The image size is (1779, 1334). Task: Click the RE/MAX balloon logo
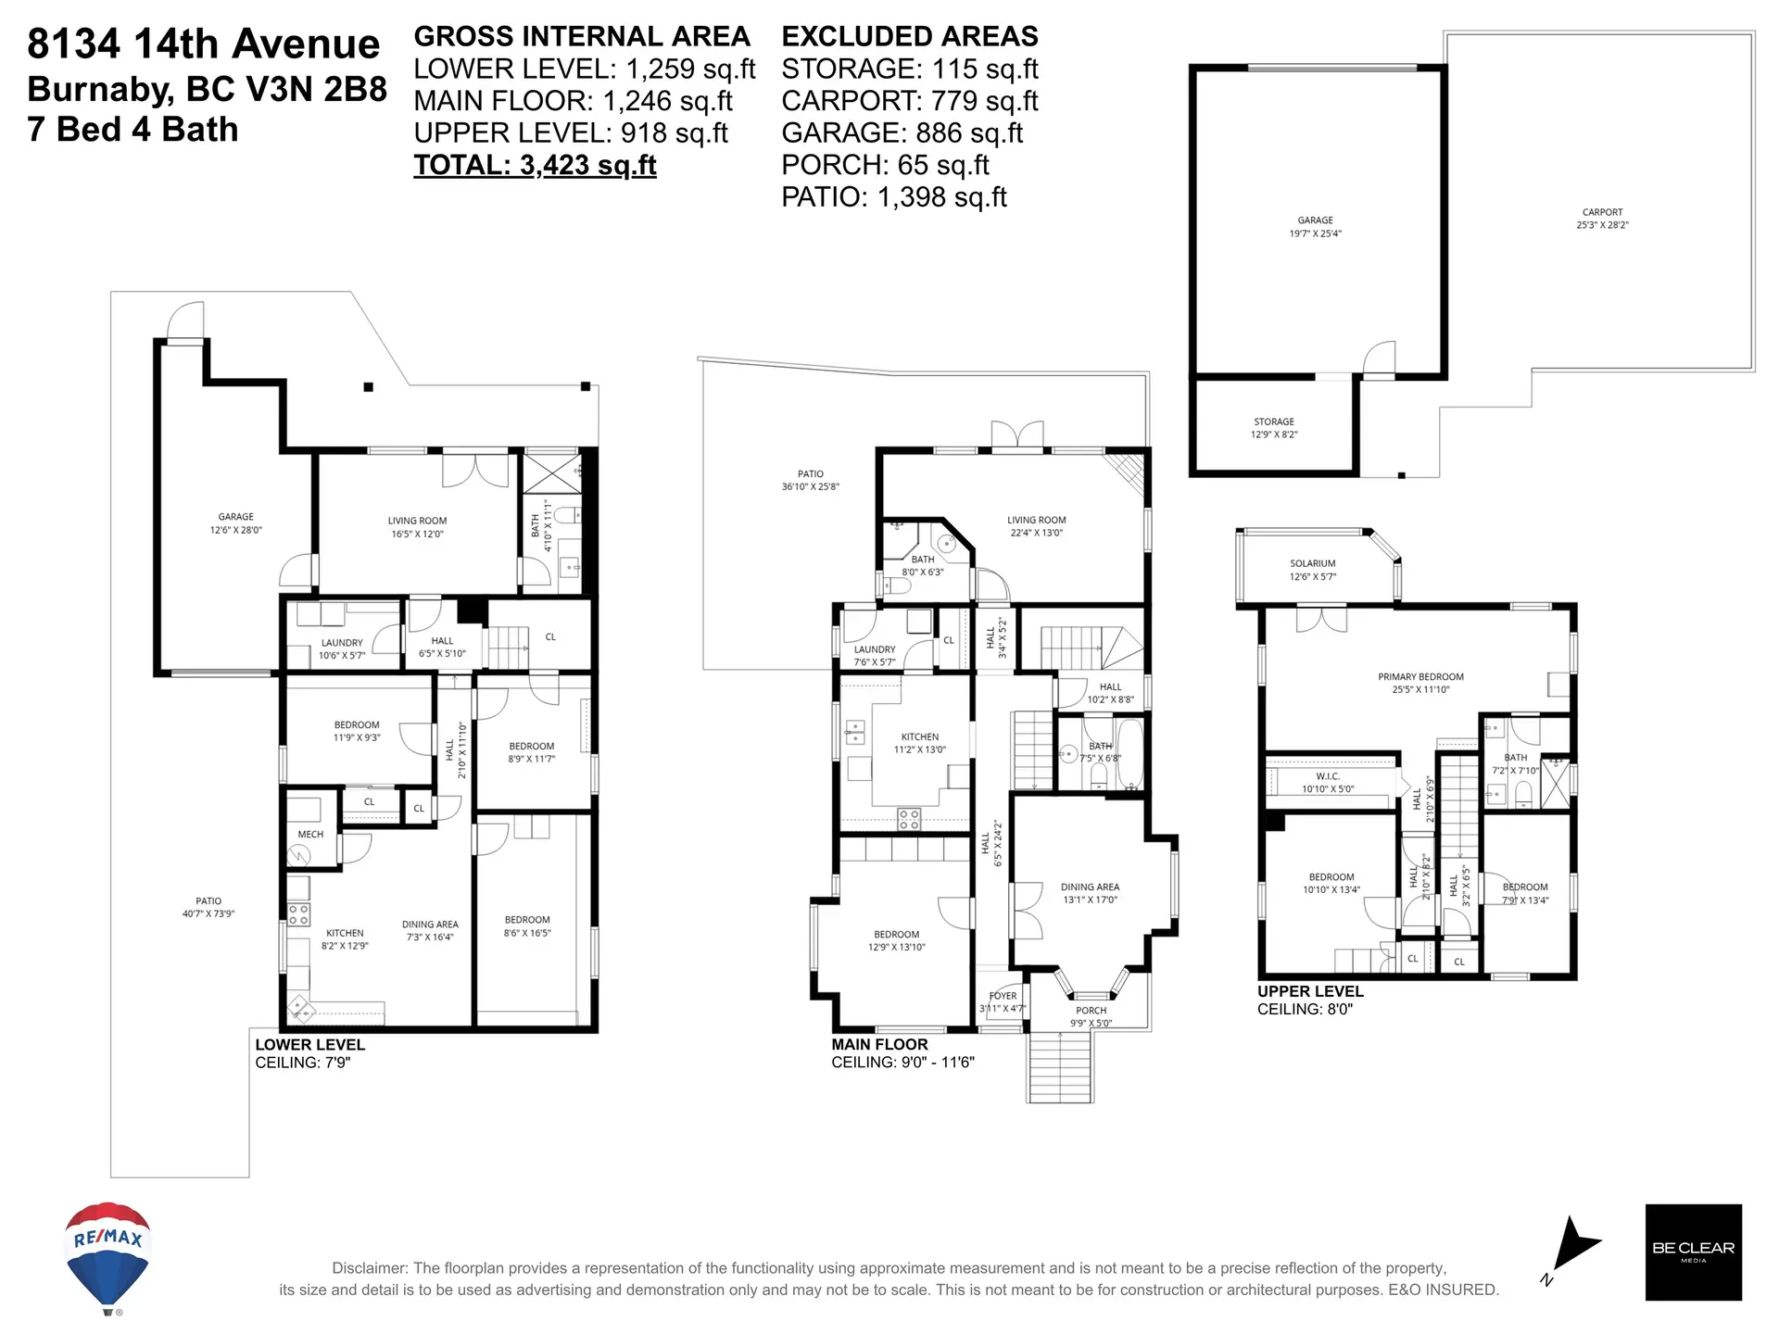coord(107,1255)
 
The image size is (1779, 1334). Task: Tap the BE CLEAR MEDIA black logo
coord(1693,1252)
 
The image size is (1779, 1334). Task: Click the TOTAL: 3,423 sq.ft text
coord(535,165)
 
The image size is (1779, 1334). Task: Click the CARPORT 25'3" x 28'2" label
coord(1602,219)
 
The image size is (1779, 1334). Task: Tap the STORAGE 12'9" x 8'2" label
coord(1273,427)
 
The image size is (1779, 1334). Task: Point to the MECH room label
coord(310,835)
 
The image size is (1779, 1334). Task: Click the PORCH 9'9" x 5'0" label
coord(1091,1016)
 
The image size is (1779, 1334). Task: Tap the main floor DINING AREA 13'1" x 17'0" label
coord(1090,893)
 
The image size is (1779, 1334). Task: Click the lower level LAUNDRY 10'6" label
coord(342,648)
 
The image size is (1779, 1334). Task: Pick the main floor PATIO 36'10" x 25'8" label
coord(810,480)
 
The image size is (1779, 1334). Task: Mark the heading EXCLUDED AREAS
coord(909,37)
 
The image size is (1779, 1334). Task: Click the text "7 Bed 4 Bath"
coord(132,130)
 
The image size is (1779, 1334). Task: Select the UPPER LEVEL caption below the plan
coord(1309,991)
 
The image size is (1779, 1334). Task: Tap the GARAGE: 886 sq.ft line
coord(902,133)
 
